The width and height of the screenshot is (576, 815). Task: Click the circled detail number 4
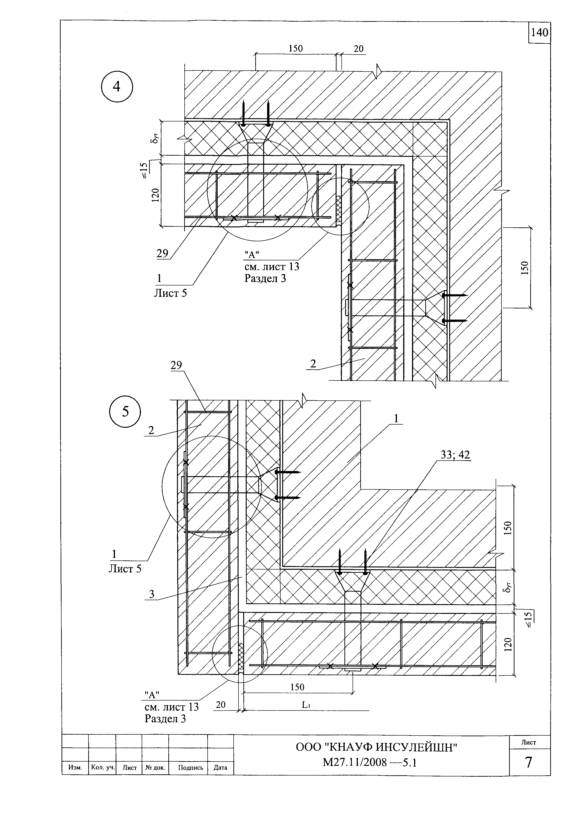117,87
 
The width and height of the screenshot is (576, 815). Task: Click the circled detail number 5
125,411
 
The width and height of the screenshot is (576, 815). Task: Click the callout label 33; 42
455,455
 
